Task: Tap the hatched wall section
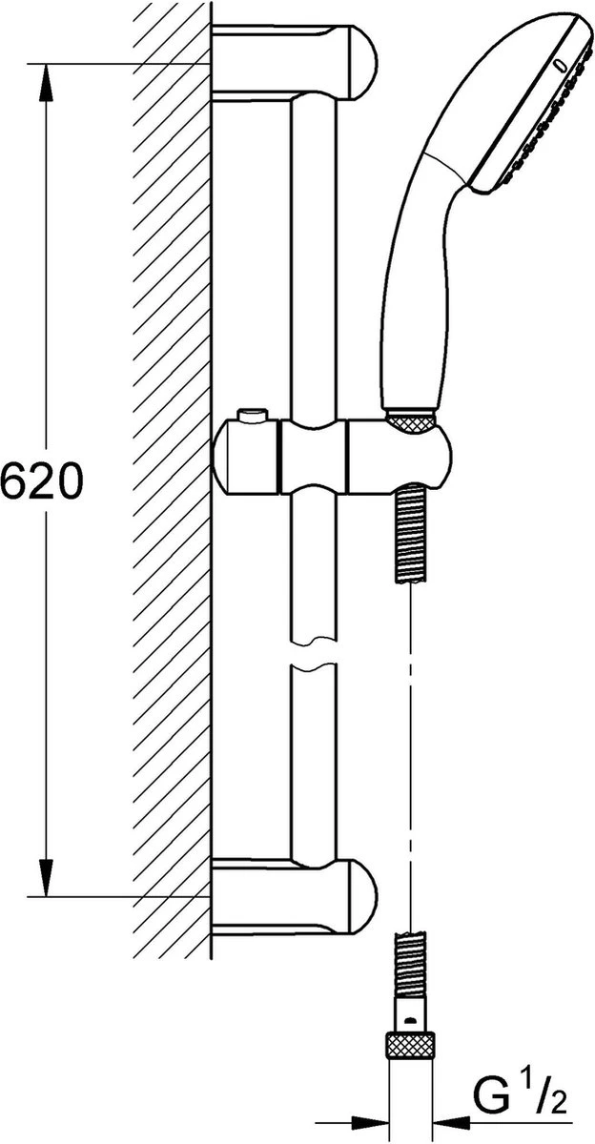[x=172, y=477]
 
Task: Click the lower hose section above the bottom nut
[x=410, y=963]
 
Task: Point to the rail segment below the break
[x=314, y=763]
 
